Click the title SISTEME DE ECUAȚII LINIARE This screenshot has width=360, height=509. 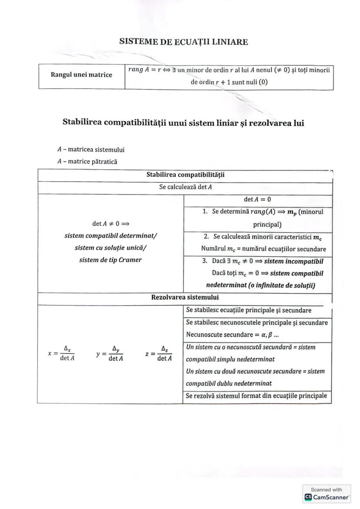point(183,42)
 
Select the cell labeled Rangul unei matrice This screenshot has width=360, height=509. point(81,75)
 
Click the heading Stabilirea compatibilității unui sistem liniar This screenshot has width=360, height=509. point(183,123)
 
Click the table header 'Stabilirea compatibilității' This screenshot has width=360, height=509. point(185,176)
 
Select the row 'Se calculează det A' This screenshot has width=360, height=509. point(185,187)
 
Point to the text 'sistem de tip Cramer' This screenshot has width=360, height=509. point(110,260)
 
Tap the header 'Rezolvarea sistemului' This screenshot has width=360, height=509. point(185,298)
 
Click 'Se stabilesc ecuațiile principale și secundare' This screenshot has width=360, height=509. point(248,310)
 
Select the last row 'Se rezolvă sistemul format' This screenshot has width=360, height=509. point(256,396)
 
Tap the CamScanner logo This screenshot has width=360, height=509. point(327,496)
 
